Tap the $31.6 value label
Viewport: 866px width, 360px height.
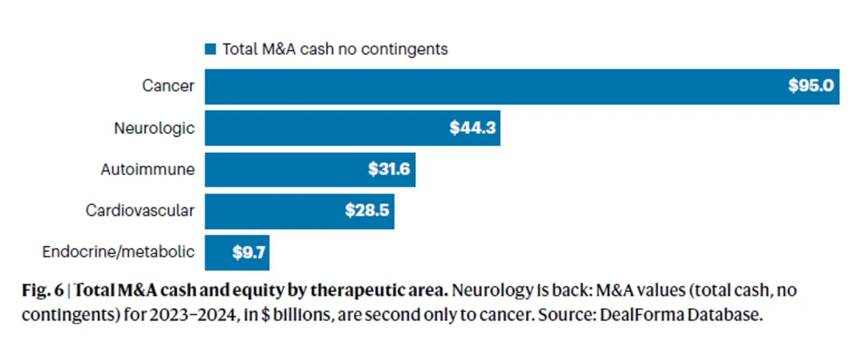[x=389, y=170]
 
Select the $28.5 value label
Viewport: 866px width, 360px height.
[x=367, y=212]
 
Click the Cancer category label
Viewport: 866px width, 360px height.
[x=168, y=86]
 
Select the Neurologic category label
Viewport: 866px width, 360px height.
[x=155, y=127]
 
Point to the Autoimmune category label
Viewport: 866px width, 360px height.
[x=148, y=169]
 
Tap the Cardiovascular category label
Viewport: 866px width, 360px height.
[x=140, y=211]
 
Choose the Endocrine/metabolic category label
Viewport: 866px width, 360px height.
[x=118, y=253]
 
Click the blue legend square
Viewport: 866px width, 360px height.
[x=211, y=49]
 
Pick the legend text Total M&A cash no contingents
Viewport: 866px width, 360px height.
[x=334, y=49]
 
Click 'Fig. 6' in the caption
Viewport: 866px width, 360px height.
[x=42, y=291]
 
